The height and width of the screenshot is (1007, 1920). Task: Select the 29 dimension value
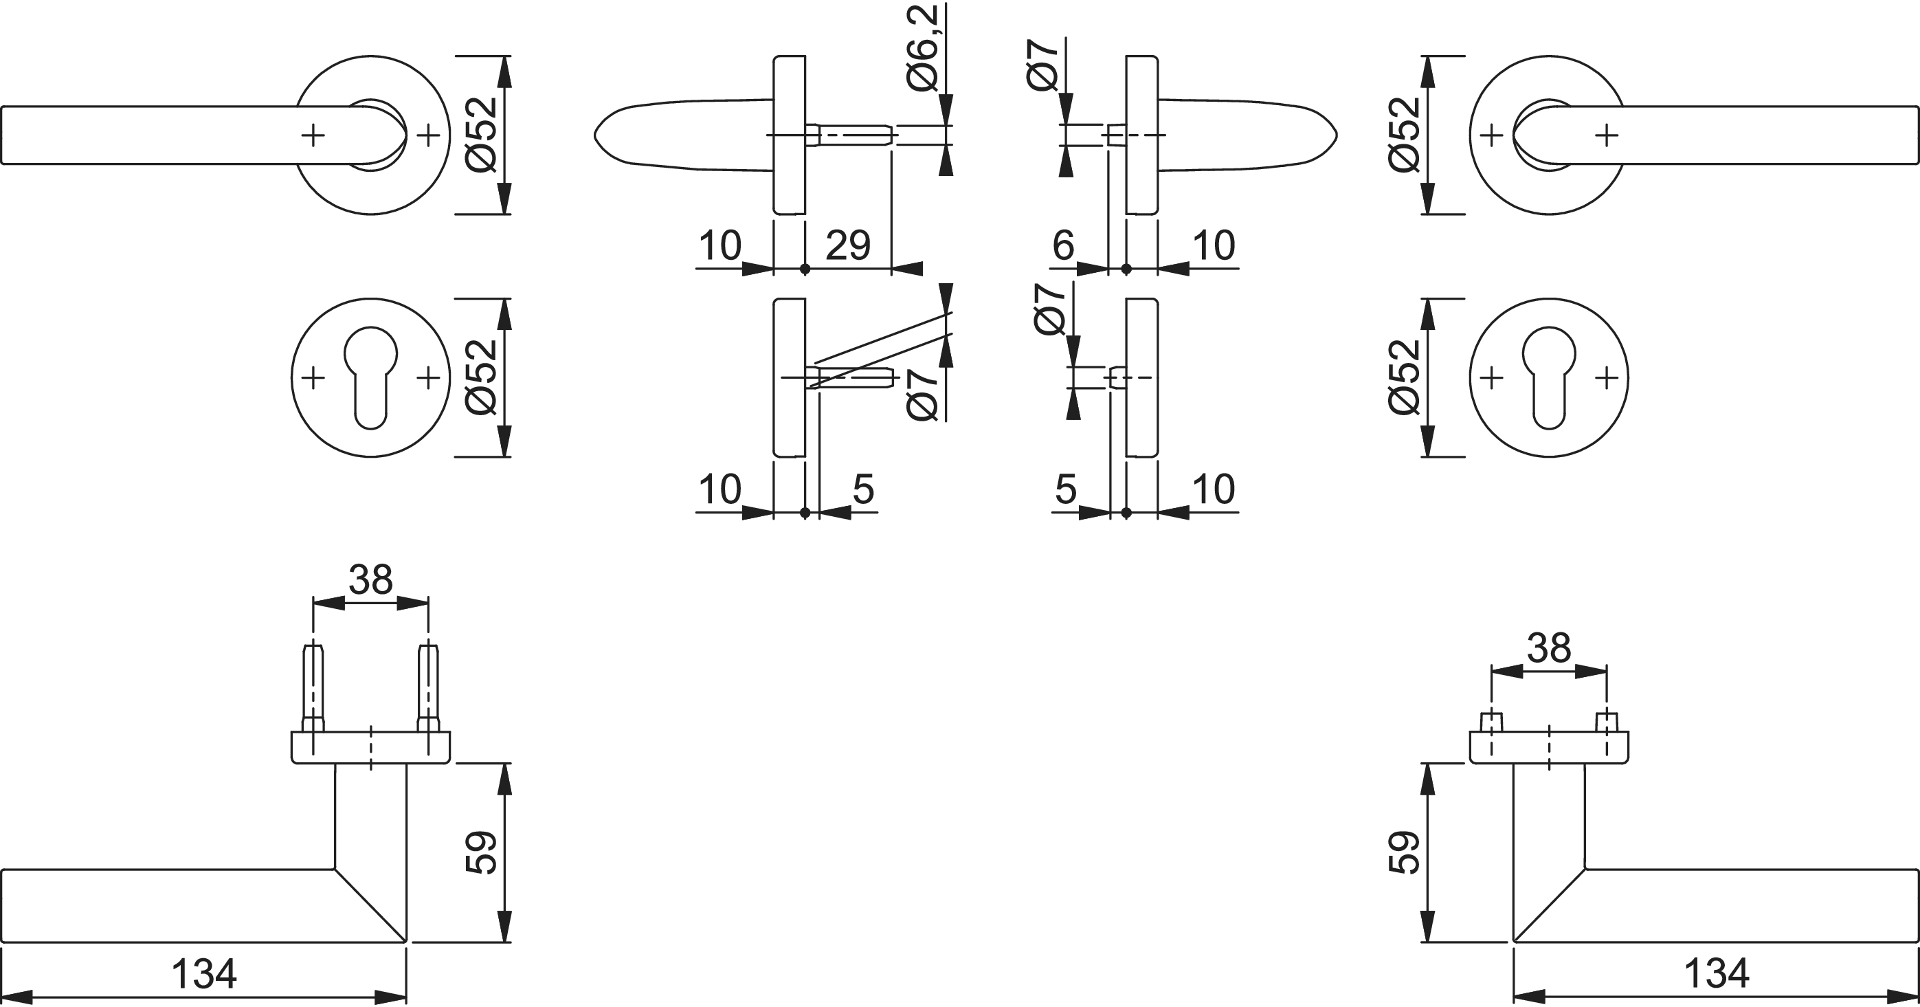848,245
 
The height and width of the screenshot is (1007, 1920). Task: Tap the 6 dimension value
1064,245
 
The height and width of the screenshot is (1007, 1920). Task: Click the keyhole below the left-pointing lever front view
370,379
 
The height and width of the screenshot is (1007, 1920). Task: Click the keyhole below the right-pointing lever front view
1549,379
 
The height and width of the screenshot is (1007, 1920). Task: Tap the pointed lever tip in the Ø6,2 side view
596,135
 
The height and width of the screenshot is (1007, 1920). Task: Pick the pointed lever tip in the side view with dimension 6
1335,135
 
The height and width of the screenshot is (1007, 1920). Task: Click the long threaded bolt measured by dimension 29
849,135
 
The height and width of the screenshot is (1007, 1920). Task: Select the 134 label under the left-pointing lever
203,973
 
